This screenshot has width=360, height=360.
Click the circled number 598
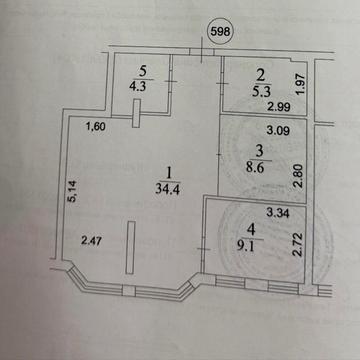click(221, 32)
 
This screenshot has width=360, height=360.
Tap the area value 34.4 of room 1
click(168, 189)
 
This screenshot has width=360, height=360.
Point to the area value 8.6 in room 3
click(255, 167)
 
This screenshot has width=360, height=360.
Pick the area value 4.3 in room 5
click(137, 85)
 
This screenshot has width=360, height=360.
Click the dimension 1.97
click(301, 84)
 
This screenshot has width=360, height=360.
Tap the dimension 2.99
click(280, 107)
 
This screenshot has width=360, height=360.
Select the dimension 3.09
click(278, 130)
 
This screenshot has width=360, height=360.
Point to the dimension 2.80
click(300, 176)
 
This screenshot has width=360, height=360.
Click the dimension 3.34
click(278, 213)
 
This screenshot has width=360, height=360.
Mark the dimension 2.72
click(297, 244)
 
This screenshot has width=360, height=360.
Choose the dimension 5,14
click(74, 191)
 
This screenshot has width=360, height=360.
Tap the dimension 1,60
click(96, 127)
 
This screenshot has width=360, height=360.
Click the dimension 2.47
click(93, 240)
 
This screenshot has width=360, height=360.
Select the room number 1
click(169, 173)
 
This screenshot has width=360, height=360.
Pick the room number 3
click(260, 151)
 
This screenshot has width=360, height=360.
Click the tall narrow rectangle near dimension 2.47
click(131, 247)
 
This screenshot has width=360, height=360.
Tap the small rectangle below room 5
click(136, 113)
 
